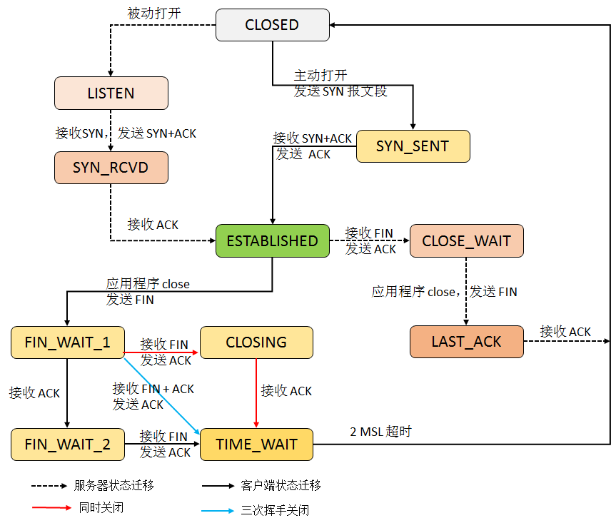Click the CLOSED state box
pyautogui.click(x=272, y=25)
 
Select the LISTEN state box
pyautogui.click(x=111, y=93)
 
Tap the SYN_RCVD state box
pyautogui.click(x=111, y=168)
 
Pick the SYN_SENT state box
pyautogui.click(x=413, y=146)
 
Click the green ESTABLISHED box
pyautogui.click(x=272, y=241)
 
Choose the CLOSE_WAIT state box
pyautogui.click(x=466, y=241)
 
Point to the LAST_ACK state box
pyautogui.click(x=466, y=342)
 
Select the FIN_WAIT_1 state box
pyautogui.click(x=67, y=342)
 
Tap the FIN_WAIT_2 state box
pyautogui.click(x=67, y=445)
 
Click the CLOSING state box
pyautogui.click(x=256, y=342)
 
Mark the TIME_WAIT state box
pyautogui.click(x=256, y=445)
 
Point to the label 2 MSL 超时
pyautogui.click(x=380, y=432)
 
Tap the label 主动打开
pyautogui.click(x=320, y=75)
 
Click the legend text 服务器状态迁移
pyautogui.click(x=114, y=485)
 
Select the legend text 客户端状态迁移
pyautogui.click(x=281, y=485)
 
